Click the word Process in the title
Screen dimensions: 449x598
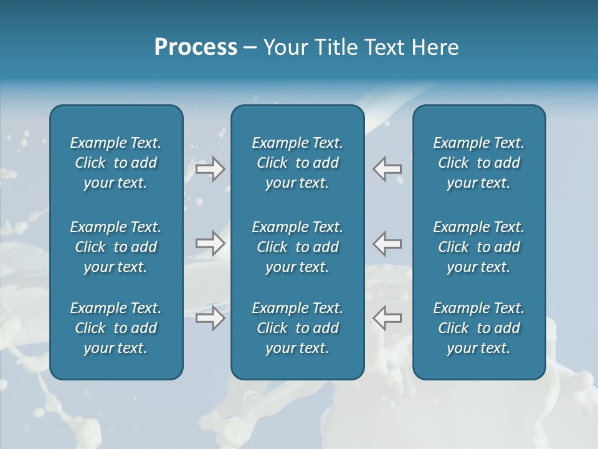(x=196, y=47)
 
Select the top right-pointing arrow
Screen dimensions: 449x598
(x=211, y=169)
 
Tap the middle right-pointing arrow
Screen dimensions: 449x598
(x=211, y=243)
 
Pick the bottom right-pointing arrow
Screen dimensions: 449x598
(x=211, y=318)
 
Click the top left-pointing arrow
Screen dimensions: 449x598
(x=387, y=169)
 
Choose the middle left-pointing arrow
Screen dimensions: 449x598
(x=387, y=243)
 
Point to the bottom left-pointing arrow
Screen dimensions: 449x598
(x=387, y=318)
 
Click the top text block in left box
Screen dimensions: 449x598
(x=116, y=163)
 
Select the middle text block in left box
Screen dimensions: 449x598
(x=116, y=247)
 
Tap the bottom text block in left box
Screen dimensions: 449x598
(x=116, y=328)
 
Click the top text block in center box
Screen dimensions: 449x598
(x=297, y=163)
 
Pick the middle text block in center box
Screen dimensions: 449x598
(x=297, y=247)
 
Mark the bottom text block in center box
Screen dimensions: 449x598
(x=297, y=328)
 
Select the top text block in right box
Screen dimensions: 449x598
(x=479, y=163)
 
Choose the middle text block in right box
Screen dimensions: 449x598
(x=479, y=247)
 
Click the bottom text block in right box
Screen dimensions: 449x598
(x=479, y=328)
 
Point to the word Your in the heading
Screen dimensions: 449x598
(x=286, y=47)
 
